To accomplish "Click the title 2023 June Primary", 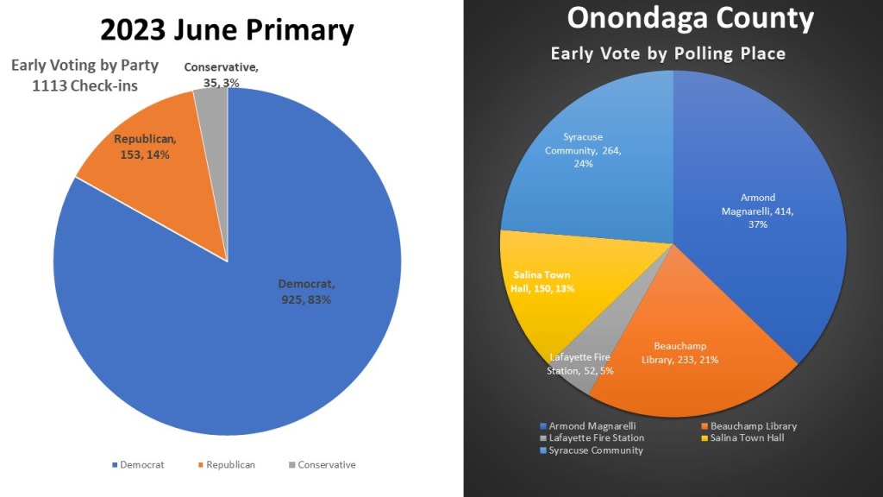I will pos(227,30).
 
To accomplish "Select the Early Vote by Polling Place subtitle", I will pos(668,53).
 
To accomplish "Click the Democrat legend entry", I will pos(140,465).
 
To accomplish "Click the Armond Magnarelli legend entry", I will pos(587,426).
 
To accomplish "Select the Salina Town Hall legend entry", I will pos(742,438).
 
